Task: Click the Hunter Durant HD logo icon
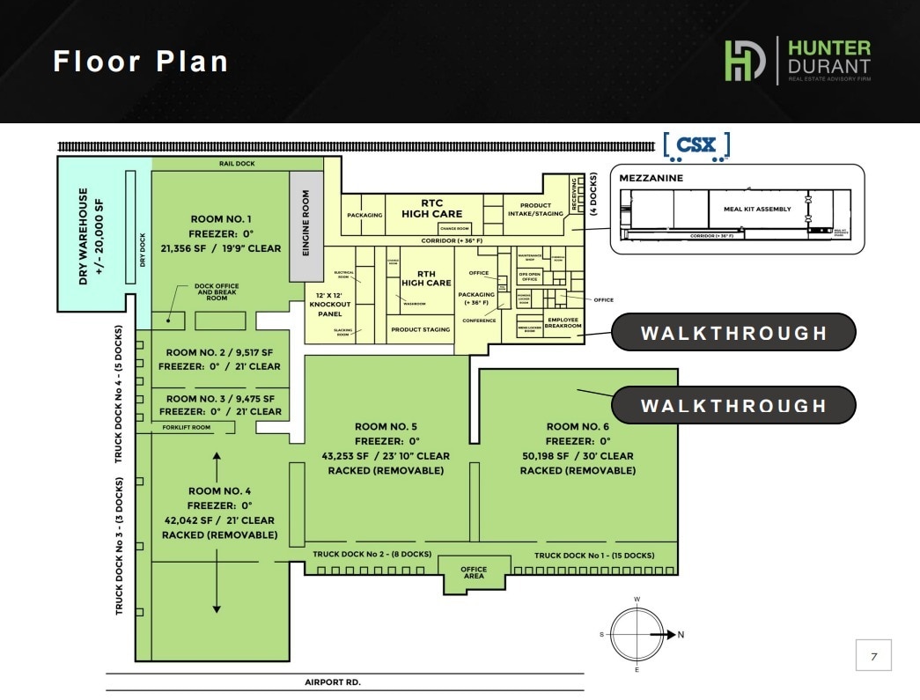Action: pyautogui.click(x=745, y=61)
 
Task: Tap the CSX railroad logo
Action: pyautogui.click(x=696, y=146)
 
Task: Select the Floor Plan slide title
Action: pyautogui.click(x=141, y=62)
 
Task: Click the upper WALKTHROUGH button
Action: pyautogui.click(x=733, y=333)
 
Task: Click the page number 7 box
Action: pyautogui.click(x=873, y=656)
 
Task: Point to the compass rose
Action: pyautogui.click(x=637, y=634)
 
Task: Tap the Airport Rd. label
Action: pyautogui.click(x=332, y=682)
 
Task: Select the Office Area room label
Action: pyautogui.click(x=474, y=572)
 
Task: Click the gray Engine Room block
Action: pyautogui.click(x=306, y=225)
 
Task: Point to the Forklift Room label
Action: pyautogui.click(x=187, y=428)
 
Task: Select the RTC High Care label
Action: pyautogui.click(x=432, y=209)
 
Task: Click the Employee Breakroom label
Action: pyautogui.click(x=563, y=322)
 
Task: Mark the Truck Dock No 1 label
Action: pyautogui.click(x=594, y=556)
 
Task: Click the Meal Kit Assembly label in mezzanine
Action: pyautogui.click(x=757, y=210)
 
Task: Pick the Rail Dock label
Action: pyautogui.click(x=238, y=164)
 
